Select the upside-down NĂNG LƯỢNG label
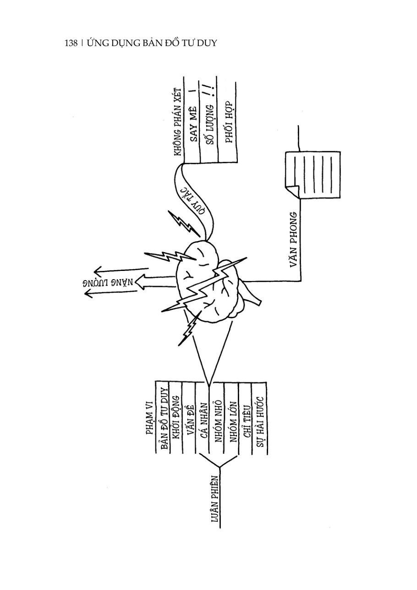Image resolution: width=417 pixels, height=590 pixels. point(110,282)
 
